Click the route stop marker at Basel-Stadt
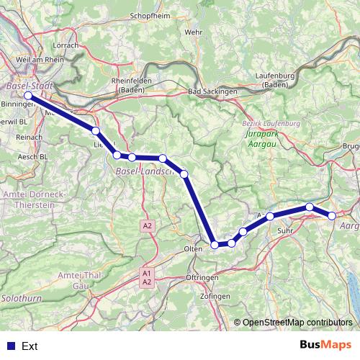click(x=27, y=95)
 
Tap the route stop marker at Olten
click(x=215, y=246)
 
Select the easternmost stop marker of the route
click(x=332, y=215)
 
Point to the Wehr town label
click(x=193, y=32)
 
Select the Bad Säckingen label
click(x=213, y=92)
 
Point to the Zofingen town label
click(x=216, y=297)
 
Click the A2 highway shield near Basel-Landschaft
click(x=148, y=226)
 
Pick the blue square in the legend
click(x=10, y=346)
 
